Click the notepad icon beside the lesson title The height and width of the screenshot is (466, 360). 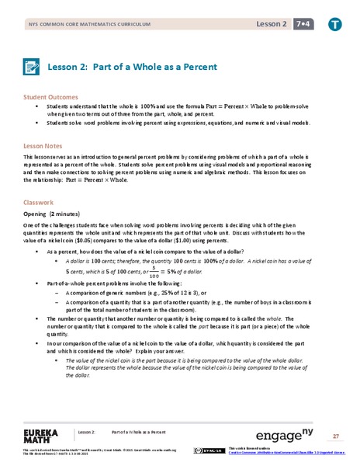click(33, 68)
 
